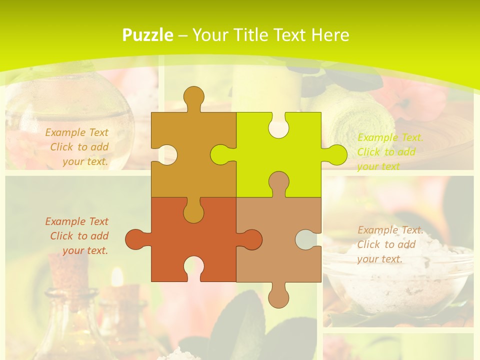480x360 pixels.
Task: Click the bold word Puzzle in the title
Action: pos(148,35)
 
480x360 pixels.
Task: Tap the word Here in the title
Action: pos(329,35)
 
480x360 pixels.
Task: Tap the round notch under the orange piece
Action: pos(193,267)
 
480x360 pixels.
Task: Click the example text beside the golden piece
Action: pos(77,147)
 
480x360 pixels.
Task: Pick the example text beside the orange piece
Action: pos(77,236)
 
